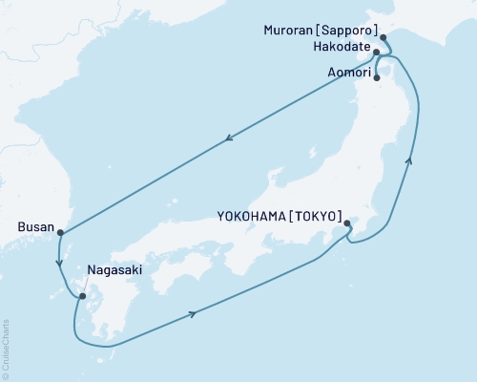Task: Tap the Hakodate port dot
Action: pyautogui.click(x=377, y=53)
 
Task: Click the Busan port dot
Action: pyautogui.click(x=59, y=232)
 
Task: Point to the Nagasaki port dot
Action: pyautogui.click(x=81, y=295)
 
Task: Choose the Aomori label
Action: pyautogui.click(x=347, y=69)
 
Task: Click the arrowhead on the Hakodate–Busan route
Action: pyautogui.click(x=230, y=139)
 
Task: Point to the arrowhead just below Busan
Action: pyautogui.click(x=59, y=264)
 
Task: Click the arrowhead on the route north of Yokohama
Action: pyautogui.click(x=410, y=161)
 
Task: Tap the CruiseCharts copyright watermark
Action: pyautogui.click(x=6, y=348)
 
